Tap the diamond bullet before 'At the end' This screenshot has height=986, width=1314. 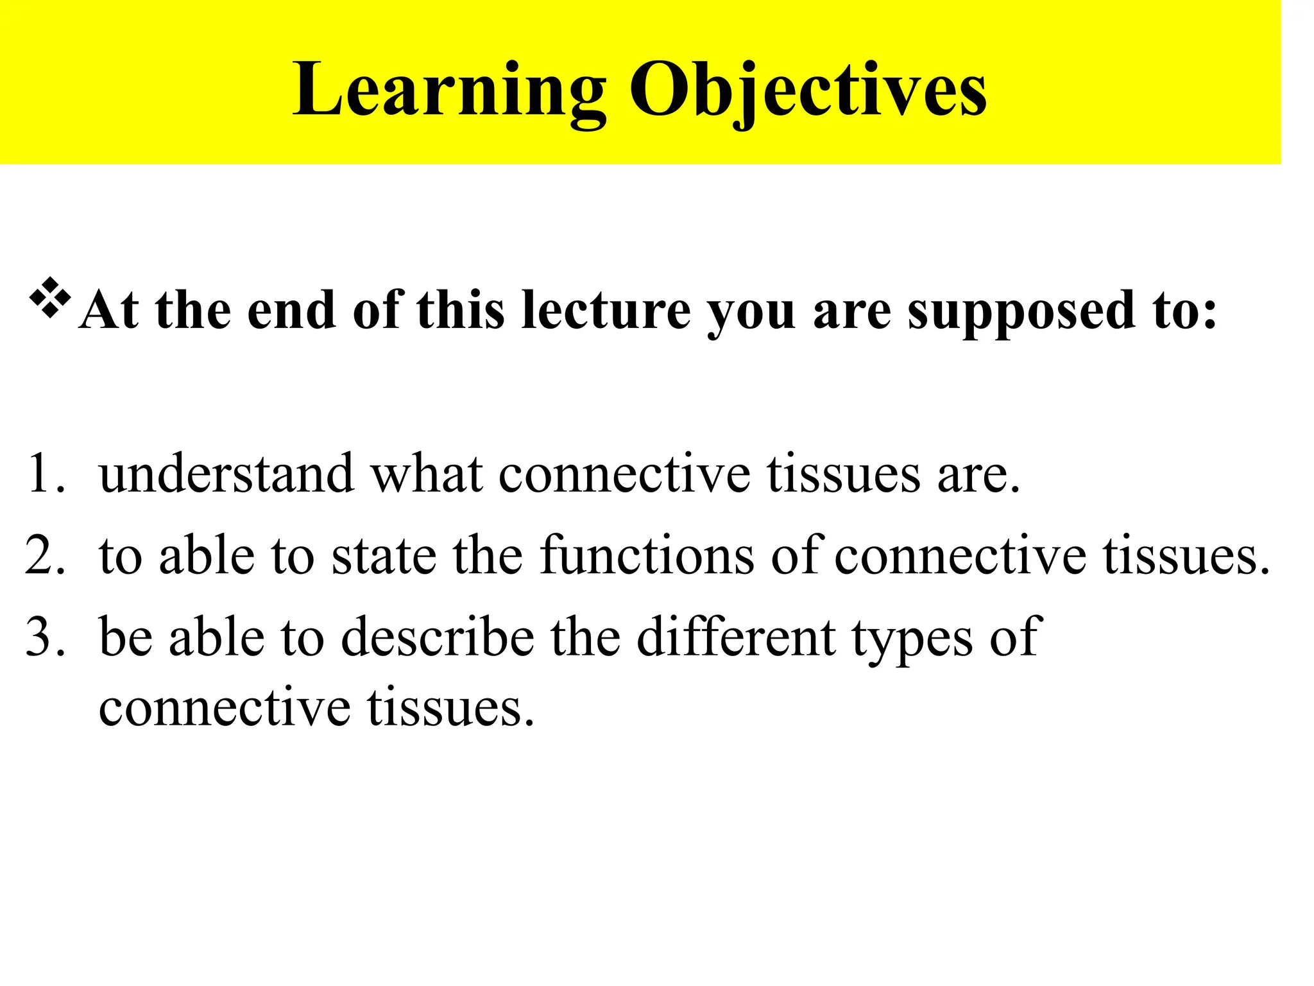(50, 298)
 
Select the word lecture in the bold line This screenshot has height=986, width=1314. (606, 310)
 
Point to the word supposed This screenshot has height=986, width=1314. (1021, 310)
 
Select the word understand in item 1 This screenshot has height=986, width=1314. (226, 474)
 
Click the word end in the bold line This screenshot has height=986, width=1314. (291, 310)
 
